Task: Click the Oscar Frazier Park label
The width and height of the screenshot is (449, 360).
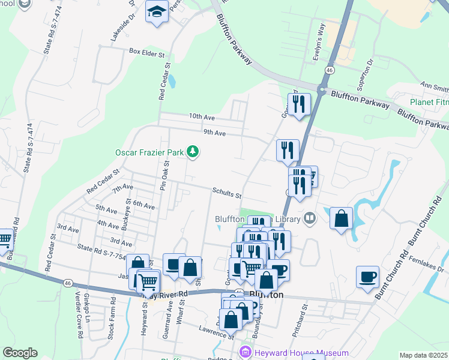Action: tap(149, 152)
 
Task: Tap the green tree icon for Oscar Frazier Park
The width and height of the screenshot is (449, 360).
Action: tap(193, 152)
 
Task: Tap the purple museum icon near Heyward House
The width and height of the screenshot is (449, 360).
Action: tap(244, 352)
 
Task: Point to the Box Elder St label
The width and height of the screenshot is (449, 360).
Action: tap(146, 52)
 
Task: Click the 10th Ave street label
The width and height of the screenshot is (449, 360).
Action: tap(201, 116)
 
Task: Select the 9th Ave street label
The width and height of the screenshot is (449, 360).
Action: tap(214, 133)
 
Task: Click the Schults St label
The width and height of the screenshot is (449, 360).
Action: tap(226, 194)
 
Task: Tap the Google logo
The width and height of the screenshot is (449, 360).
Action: tap(20, 353)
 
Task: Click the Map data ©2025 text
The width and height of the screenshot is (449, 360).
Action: tap(424, 355)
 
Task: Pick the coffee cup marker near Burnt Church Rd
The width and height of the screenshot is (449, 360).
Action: tap(367, 277)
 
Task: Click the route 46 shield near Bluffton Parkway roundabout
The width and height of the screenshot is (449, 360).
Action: tap(330, 70)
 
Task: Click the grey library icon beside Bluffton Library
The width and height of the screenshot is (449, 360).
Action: tap(310, 218)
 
